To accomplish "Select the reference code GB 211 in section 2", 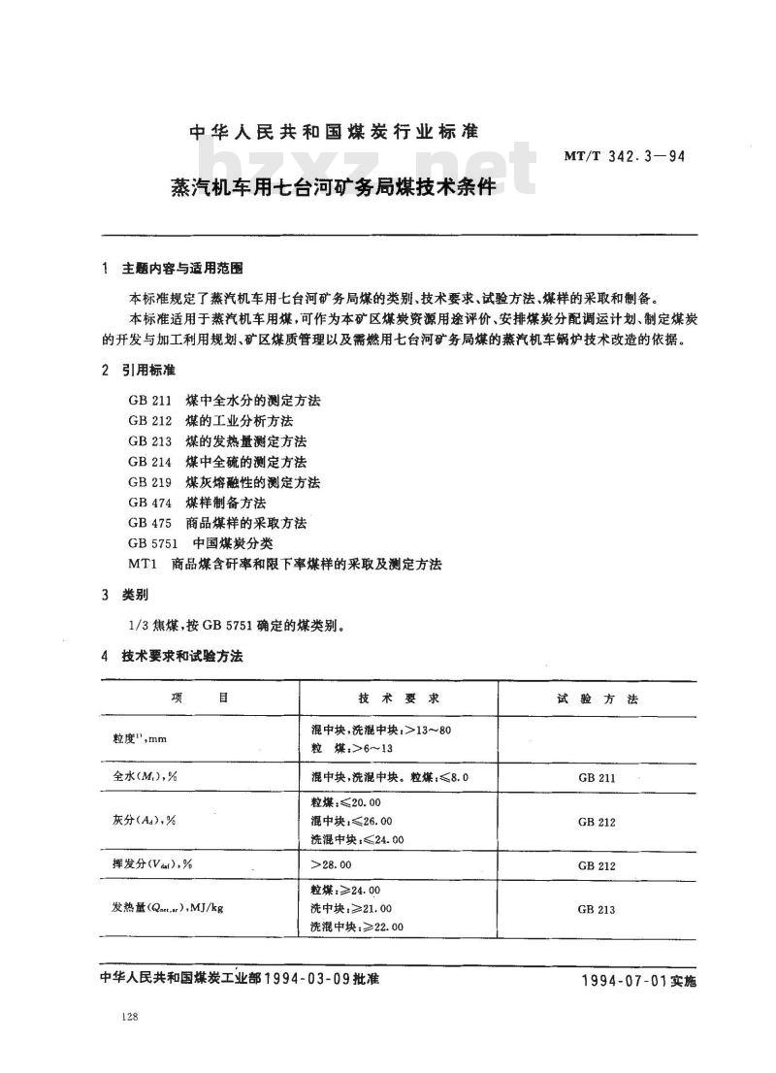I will pyautogui.click(x=149, y=400).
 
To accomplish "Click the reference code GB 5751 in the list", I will pyautogui.click(x=153, y=543).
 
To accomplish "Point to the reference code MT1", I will pyautogui.click(x=143, y=564).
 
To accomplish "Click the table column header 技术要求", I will pyautogui.click(x=399, y=699).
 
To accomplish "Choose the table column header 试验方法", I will pyautogui.click(x=597, y=699).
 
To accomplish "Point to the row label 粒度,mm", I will pyautogui.click(x=140, y=738).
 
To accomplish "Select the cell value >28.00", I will pyautogui.click(x=331, y=863).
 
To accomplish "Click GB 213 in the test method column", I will pyautogui.click(x=597, y=909).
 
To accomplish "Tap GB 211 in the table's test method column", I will pyautogui.click(x=597, y=778).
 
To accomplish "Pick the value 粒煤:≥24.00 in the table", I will pyautogui.click(x=345, y=890).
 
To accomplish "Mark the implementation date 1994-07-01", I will pyautogui.click(x=622, y=981).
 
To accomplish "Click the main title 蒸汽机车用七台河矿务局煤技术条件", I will pyautogui.click(x=319, y=186).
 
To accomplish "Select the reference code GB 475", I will pyautogui.click(x=149, y=523).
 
